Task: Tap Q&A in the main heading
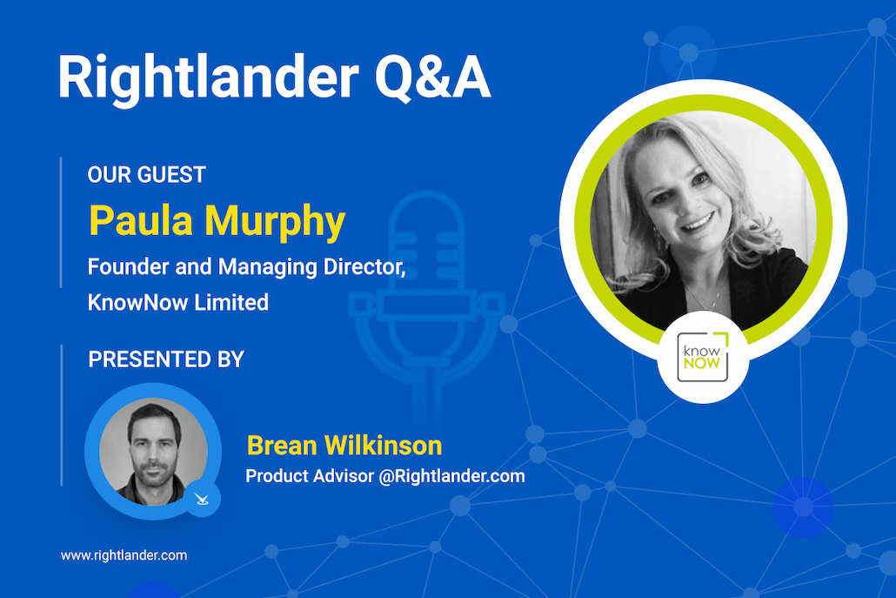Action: [432, 77]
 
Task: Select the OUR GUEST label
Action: [146, 175]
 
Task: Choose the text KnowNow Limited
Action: [177, 302]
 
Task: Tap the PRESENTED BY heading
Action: [165, 359]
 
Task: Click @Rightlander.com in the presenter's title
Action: [451, 476]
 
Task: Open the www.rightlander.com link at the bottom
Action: [124, 555]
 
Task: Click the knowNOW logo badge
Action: [702, 357]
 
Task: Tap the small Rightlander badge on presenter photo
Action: [201, 499]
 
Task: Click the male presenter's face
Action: [154, 449]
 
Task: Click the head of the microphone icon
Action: [426, 240]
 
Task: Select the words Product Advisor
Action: [309, 476]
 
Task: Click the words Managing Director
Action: [312, 267]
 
